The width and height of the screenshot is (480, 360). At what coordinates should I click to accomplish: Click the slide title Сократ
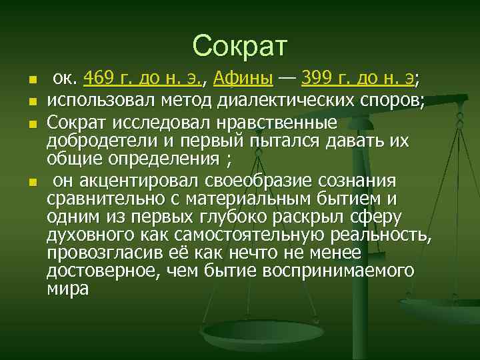click(239, 45)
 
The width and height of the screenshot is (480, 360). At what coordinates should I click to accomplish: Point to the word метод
click(186, 101)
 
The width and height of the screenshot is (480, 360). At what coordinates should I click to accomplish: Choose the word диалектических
click(285, 101)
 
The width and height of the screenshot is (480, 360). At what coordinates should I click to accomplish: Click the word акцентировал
click(129, 181)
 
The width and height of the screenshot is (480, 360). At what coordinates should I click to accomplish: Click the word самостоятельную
click(250, 235)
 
